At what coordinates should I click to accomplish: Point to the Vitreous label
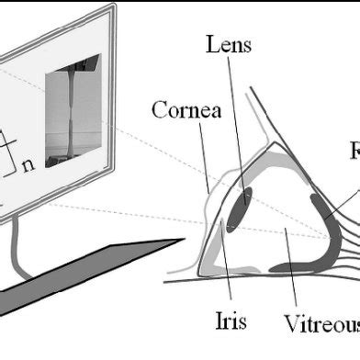(321, 323)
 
